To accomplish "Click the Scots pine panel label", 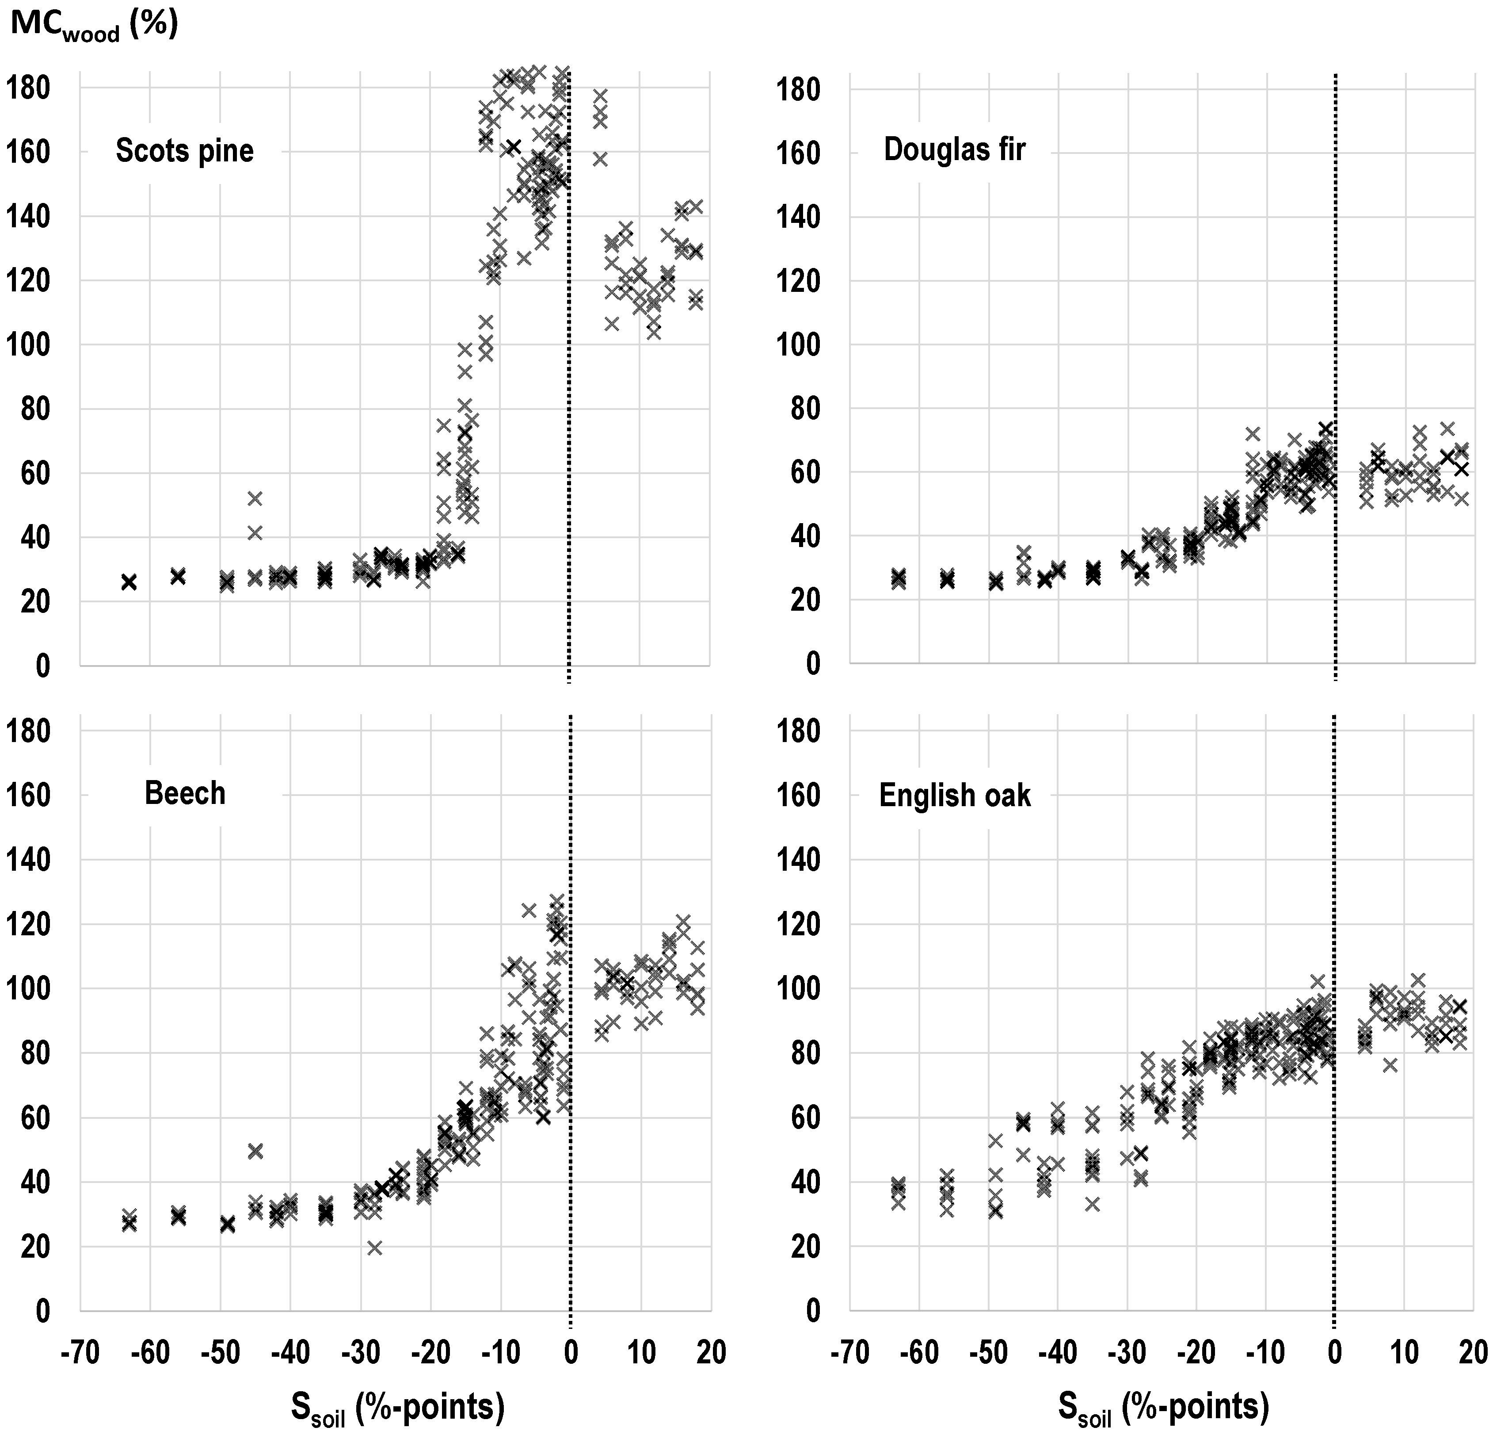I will [184, 151].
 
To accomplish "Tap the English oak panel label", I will [955, 796].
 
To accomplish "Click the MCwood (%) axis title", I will [94, 25].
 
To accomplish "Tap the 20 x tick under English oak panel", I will [1475, 1353].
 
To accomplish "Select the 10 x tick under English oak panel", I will [1405, 1353].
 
